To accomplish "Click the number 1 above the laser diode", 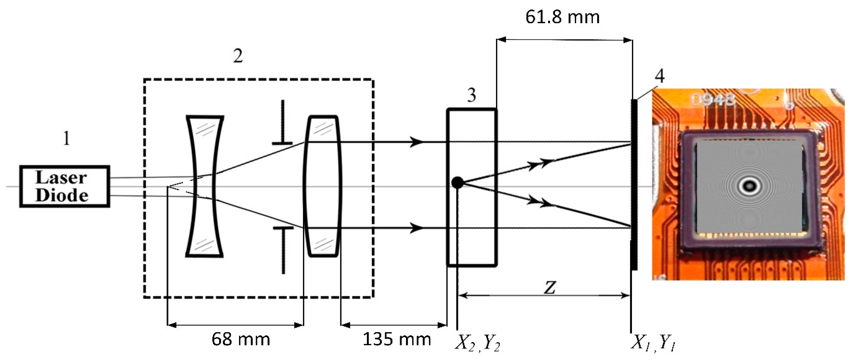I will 66,138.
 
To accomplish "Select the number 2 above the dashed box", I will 238,56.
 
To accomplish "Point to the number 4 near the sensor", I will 659,76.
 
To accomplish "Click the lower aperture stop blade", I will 283,250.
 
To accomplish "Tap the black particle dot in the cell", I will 457,182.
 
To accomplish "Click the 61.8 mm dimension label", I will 563,17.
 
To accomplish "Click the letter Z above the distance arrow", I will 550,287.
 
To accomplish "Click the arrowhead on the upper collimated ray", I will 416,142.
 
